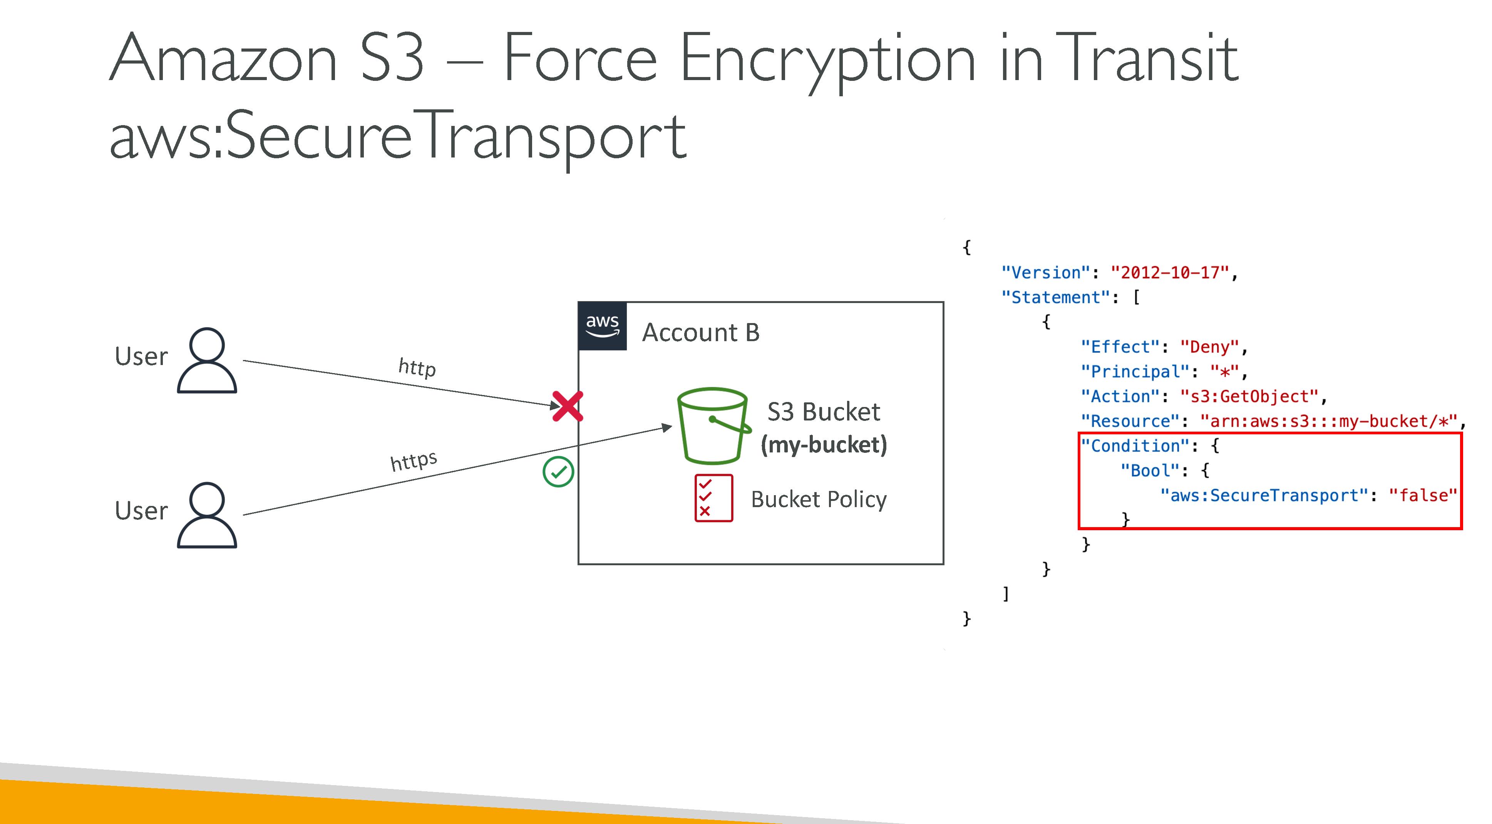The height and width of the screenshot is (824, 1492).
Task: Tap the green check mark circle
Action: coord(558,472)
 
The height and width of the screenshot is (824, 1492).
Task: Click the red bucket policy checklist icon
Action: coord(713,498)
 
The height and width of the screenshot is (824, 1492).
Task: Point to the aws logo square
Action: coord(602,326)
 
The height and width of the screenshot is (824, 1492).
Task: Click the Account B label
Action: coord(701,332)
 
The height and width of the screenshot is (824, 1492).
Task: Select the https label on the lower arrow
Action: coord(414,461)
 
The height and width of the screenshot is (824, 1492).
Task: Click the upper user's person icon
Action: coord(207,360)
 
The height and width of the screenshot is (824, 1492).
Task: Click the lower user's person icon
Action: coord(207,515)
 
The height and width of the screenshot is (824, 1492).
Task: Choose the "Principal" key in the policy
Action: coord(1135,372)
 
